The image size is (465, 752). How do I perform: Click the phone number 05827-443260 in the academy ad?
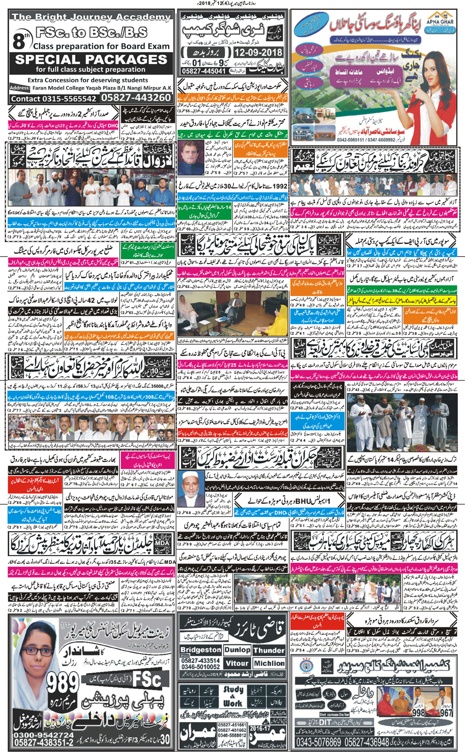click(136, 98)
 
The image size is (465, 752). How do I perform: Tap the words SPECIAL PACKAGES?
click(91, 60)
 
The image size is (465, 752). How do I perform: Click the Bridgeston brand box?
click(201, 650)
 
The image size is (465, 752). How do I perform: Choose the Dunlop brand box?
click(237, 650)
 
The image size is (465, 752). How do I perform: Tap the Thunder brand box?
click(269, 650)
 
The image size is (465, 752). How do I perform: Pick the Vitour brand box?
click(237, 663)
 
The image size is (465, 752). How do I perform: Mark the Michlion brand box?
click(270, 663)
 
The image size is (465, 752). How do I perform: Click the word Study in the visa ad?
click(233, 690)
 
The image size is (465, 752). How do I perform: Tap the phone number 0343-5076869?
click(319, 742)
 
